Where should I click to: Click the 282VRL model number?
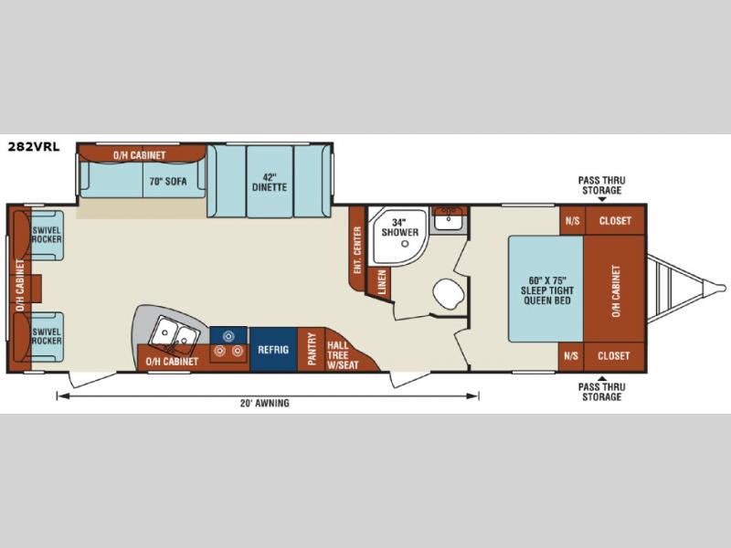[x=34, y=147]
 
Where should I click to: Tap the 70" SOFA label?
[x=168, y=181]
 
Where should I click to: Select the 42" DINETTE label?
[x=270, y=182]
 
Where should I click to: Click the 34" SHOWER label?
[x=400, y=227]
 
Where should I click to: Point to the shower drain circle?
[x=405, y=243]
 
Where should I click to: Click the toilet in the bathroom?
[x=448, y=294]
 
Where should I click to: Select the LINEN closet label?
[x=382, y=282]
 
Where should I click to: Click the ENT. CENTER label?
[x=357, y=249]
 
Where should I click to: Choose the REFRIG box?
[x=273, y=350]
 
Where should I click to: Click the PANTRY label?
[x=312, y=349]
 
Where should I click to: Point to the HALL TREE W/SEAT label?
[x=343, y=355]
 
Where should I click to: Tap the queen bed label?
[x=547, y=290]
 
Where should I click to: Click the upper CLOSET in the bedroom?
[x=615, y=220]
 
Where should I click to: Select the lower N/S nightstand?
[x=571, y=356]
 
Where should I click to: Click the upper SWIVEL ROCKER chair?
[x=47, y=235]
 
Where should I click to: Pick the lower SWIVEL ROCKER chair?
[x=47, y=336]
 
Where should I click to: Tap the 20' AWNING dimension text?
[x=265, y=403]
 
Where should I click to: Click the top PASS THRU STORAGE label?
[x=601, y=185]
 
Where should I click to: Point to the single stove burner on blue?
[x=228, y=335]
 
